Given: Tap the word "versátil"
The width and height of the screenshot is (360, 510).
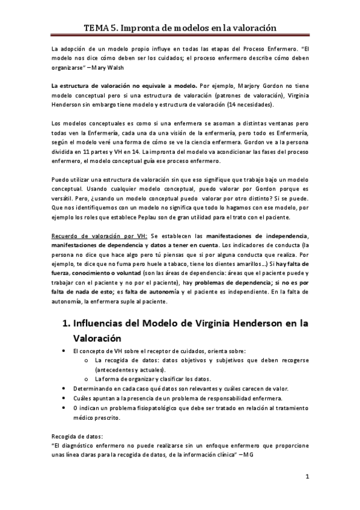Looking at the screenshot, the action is pyautogui.click(x=67, y=198).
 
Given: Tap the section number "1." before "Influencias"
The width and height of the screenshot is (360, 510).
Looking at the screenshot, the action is pyautogui.click(x=67, y=324).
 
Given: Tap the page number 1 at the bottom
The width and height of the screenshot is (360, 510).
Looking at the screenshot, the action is pyautogui.click(x=307, y=478).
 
